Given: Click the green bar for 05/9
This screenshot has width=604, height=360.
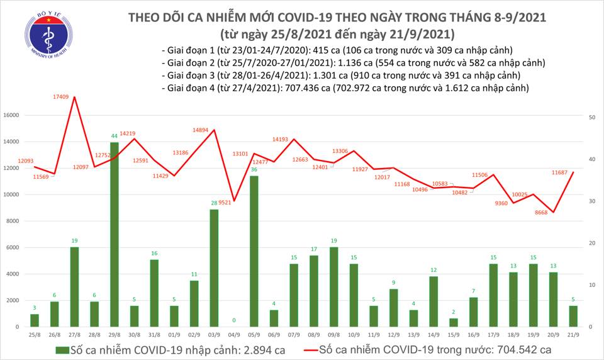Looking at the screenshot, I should [x=254, y=251].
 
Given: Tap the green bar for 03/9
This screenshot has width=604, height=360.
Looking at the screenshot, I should [x=214, y=267].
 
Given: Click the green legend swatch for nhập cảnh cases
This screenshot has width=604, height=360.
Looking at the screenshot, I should [x=62, y=349].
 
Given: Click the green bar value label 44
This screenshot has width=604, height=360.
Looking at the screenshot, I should [x=114, y=136].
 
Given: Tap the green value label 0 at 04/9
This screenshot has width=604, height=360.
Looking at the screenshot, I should [x=234, y=320].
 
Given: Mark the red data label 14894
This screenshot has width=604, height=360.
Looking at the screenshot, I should [x=204, y=130].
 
